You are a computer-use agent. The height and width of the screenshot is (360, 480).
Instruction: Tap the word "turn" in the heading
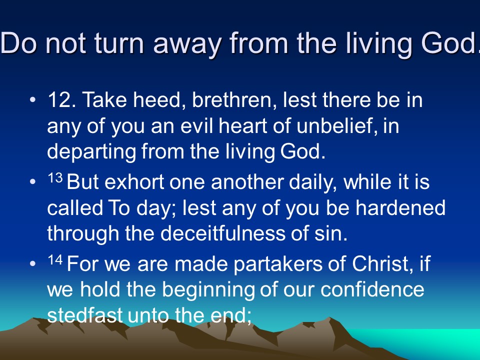119,43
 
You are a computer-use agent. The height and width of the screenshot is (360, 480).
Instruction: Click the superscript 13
55,178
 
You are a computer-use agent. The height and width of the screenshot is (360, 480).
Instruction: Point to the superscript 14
55,260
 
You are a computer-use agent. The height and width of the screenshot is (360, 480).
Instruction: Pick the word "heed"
157,100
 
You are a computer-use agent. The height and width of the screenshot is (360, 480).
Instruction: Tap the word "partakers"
278,264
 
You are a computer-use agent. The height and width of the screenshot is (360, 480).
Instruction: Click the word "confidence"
372,289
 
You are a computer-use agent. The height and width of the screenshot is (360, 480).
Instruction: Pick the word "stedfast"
85,315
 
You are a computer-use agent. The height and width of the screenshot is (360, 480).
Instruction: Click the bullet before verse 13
33,182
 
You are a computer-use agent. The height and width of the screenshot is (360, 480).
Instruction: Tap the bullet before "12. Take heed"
33,100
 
